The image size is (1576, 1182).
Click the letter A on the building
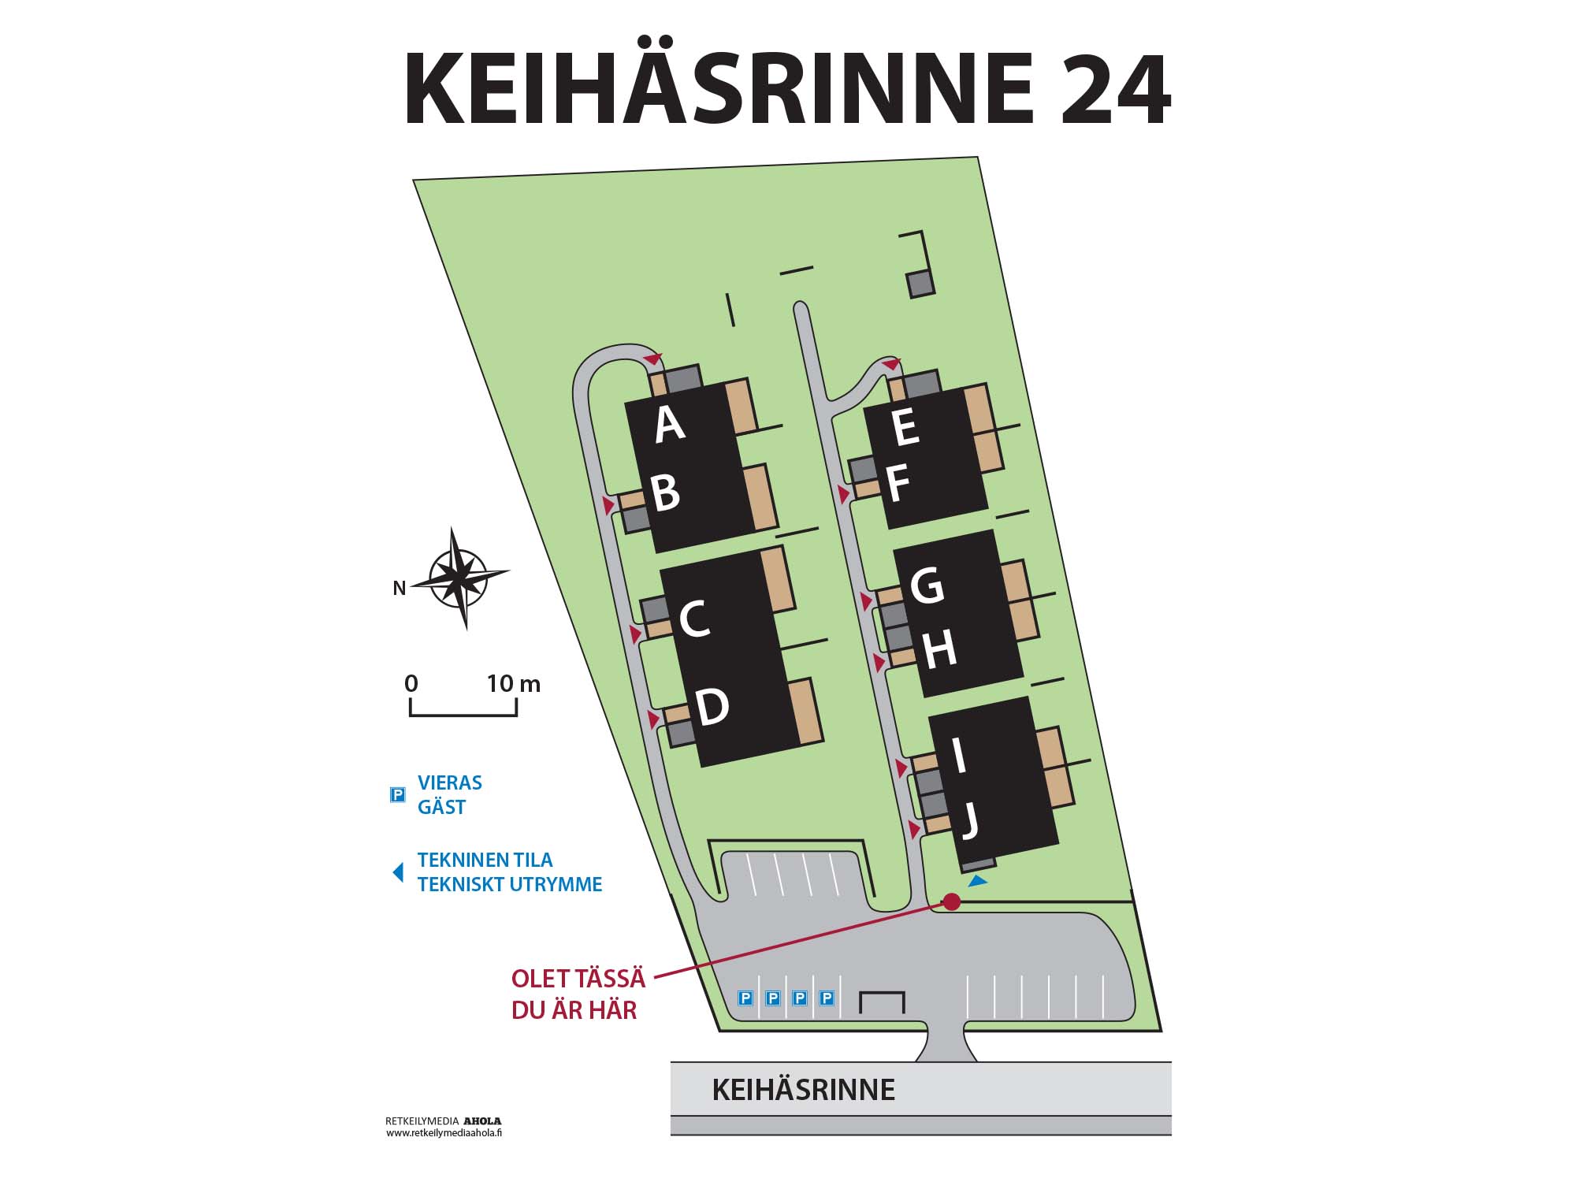669,425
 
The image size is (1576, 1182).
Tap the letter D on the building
712,707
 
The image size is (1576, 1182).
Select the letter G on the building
926,585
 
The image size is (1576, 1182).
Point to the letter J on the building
971,821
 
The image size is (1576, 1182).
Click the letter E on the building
905,427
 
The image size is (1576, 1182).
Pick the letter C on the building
694,619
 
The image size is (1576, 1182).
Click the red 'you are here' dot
952,901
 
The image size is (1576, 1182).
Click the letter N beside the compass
400,589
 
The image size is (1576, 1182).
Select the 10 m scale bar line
463,715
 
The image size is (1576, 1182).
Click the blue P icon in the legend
398,795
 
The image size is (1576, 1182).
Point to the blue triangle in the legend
399,872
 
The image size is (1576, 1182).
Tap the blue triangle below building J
977,881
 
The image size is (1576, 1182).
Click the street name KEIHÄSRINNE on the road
803,1090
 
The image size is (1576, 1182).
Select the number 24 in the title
1114,89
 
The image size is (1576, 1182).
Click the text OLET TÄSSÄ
578,979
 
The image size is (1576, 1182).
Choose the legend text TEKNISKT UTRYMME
510,885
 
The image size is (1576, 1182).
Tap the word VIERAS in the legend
449,783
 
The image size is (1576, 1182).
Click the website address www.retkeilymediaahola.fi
444,1133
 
